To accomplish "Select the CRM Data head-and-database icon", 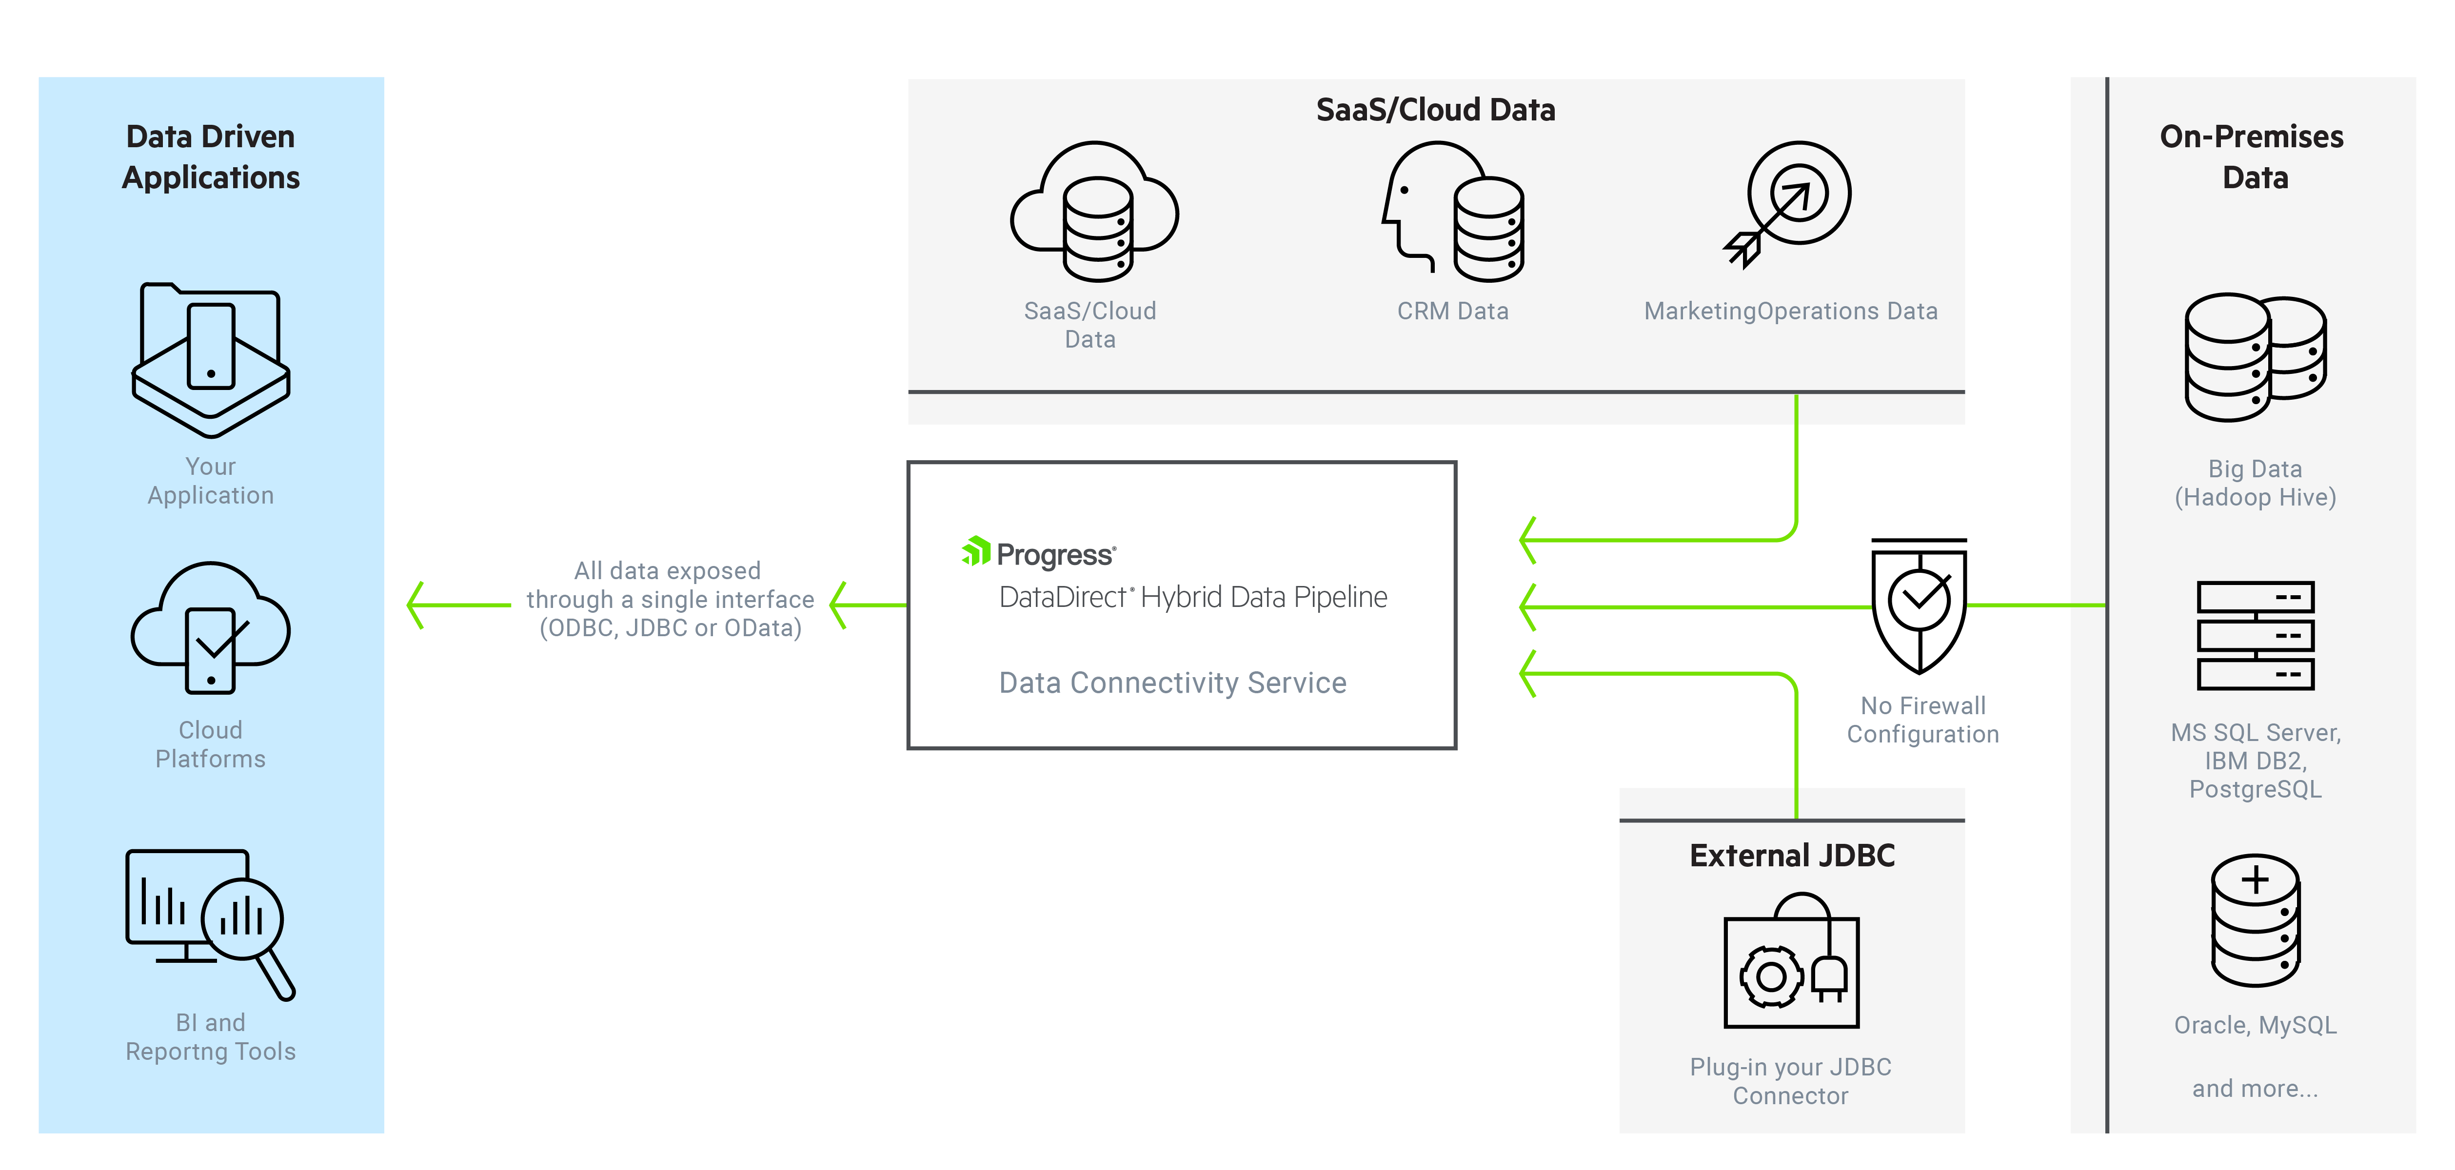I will tap(1452, 212).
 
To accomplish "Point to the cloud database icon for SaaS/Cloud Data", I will tap(1094, 212).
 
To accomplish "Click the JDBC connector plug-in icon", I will tap(1791, 962).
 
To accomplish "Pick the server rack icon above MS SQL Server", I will tap(2255, 636).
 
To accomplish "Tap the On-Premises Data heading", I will tap(2252, 157).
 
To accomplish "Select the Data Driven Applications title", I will tap(211, 157).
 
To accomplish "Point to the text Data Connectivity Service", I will tap(1172, 682).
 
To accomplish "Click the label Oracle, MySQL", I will tap(2255, 1025).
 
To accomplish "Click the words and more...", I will tap(2255, 1088).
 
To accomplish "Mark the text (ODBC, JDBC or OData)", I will tap(670, 628).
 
